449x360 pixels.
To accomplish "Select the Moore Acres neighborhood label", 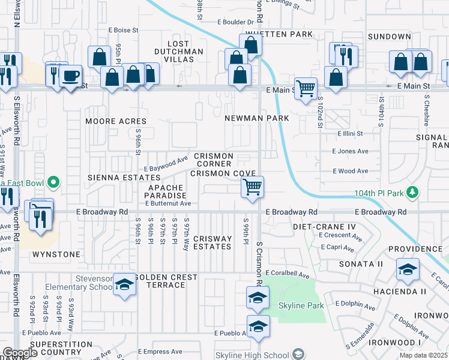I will point(116,121).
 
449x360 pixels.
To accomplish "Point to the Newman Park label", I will point(256,118).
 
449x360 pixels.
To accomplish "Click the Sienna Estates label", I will point(117,178).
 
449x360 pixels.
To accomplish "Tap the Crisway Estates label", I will point(212,242).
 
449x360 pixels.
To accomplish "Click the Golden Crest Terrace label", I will point(166,281).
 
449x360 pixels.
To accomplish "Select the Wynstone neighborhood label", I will point(56,254).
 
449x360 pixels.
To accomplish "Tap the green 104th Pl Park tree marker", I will point(412,192).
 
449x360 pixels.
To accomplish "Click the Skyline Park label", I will point(301,305).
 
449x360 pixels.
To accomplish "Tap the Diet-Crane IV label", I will point(325,227).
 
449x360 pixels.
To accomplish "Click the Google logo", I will point(20,353).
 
